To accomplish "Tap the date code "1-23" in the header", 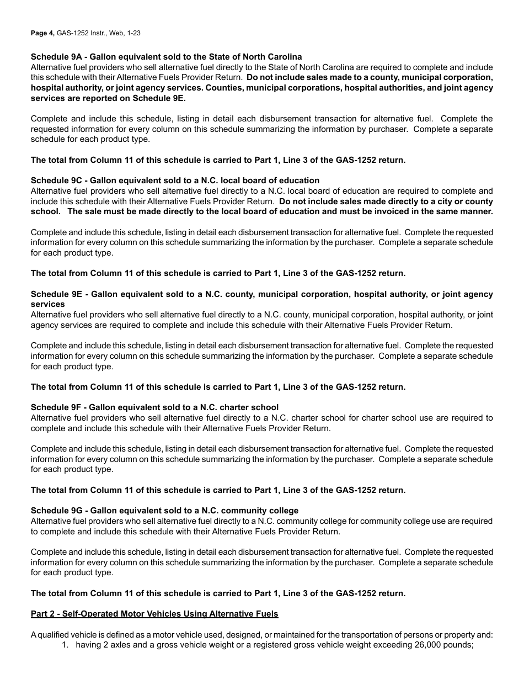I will pyautogui.click(x=133, y=33).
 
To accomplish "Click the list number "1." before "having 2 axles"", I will pyautogui.click(x=66, y=645).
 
